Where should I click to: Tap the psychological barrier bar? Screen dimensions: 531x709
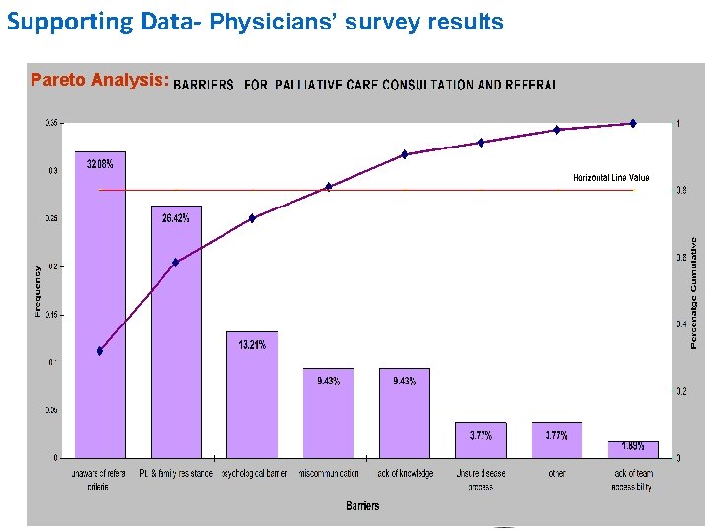click(x=252, y=394)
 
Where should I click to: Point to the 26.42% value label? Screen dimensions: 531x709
click(x=176, y=218)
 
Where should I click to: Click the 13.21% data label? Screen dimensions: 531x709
click(x=252, y=344)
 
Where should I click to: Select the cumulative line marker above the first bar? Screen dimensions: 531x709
click(x=99, y=351)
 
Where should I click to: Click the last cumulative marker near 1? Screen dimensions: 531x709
click(x=633, y=124)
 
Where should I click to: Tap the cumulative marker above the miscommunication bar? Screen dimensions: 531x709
click(x=329, y=186)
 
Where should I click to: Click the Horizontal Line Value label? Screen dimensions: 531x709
click(x=612, y=178)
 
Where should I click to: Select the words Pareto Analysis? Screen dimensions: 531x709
click(x=99, y=80)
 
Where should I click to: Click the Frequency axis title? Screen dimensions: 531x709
click(x=38, y=291)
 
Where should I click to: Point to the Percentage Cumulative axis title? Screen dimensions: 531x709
click(x=694, y=292)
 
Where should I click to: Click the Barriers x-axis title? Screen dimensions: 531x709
click(x=362, y=506)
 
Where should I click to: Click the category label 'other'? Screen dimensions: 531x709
click(x=557, y=473)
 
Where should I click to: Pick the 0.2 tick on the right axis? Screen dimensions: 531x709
click(x=680, y=391)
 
